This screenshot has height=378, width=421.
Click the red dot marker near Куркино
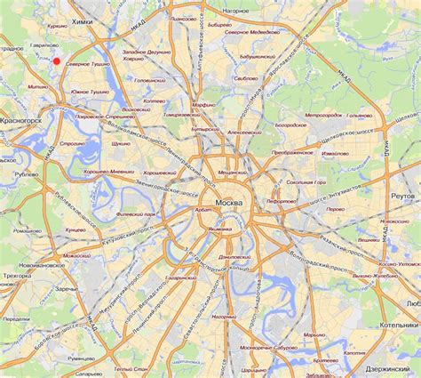coord(57,61)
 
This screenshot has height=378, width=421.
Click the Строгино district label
coord(72,142)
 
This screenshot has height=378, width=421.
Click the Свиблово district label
coord(246,78)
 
